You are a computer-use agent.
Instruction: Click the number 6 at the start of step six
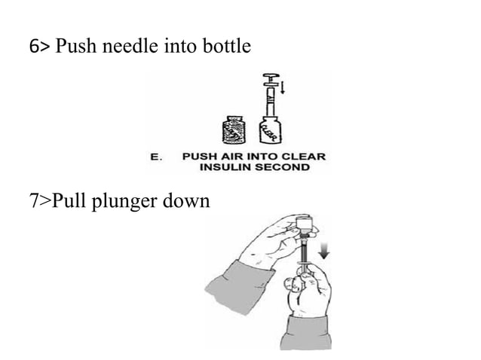[32, 48]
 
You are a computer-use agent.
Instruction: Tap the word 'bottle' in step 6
[228, 48]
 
